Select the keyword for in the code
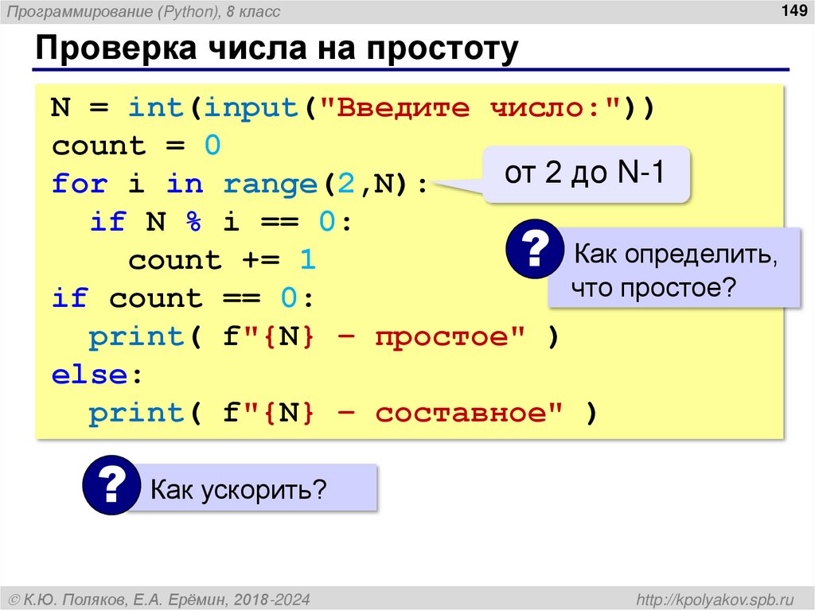pos(80,185)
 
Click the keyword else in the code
pos(89,375)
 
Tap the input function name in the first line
pos(244,108)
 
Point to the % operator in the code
pos(193,223)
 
